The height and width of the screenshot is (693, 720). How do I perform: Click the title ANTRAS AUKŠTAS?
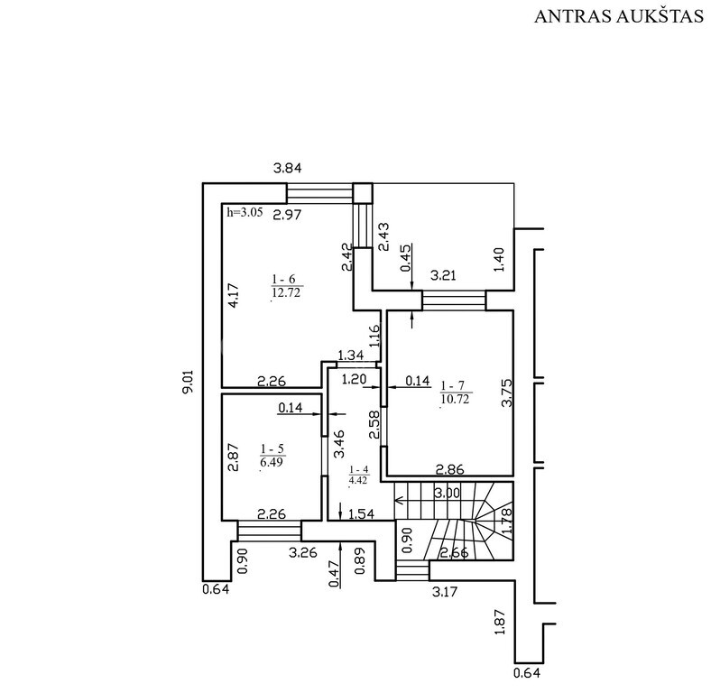pyautogui.click(x=618, y=17)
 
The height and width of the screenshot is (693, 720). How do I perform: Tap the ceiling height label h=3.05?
pyautogui.click(x=246, y=213)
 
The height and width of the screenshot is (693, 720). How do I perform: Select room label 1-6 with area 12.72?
pyautogui.click(x=285, y=285)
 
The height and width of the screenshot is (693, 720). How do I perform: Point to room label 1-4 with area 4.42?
pyautogui.click(x=359, y=473)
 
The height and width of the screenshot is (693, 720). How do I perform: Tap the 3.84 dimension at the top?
pyautogui.click(x=288, y=168)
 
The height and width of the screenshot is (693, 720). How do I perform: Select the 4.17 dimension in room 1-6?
pyautogui.click(x=233, y=297)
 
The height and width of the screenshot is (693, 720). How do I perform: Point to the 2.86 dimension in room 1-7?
pyautogui.click(x=450, y=469)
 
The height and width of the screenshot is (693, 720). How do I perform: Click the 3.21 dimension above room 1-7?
pyautogui.click(x=443, y=274)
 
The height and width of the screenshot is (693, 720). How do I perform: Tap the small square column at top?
pyautogui.click(x=362, y=193)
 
